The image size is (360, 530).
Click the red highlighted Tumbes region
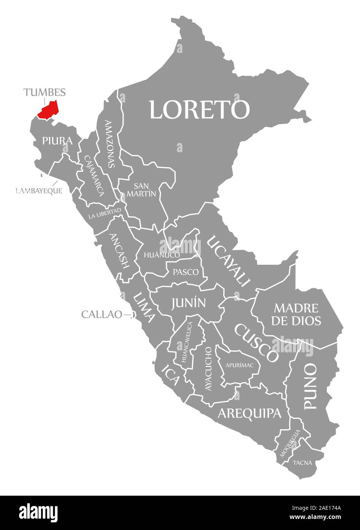[48, 110]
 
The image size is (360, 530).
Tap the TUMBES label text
[45, 92]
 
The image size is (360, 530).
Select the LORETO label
[199, 110]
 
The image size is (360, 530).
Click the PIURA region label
[57, 141]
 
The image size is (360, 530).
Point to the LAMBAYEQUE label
[39, 191]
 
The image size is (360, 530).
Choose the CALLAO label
[102, 315]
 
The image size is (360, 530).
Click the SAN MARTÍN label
[142, 190]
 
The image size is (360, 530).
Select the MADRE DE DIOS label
[296, 314]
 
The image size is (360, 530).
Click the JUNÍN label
[189, 303]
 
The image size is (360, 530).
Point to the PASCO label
[186, 272]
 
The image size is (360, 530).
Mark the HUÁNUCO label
[162, 255]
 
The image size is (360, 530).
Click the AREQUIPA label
[250, 413]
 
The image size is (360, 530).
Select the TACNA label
[302, 463]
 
